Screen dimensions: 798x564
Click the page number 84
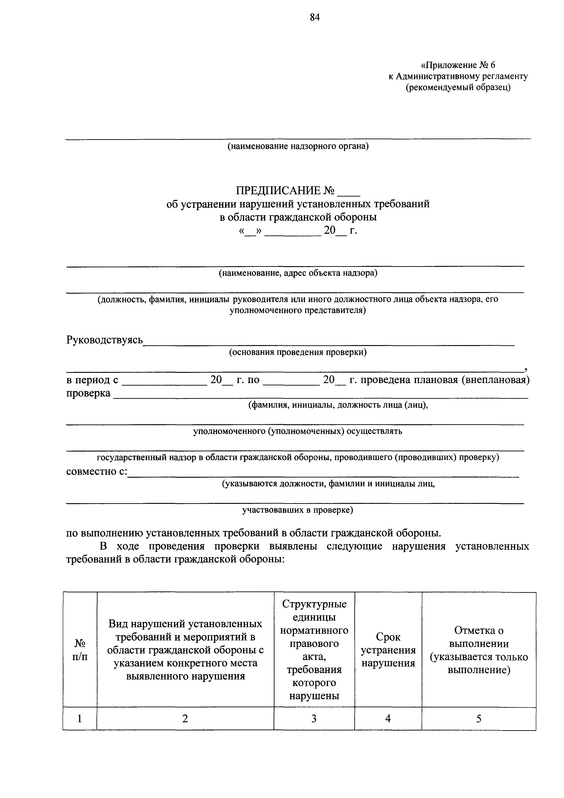click(x=315, y=17)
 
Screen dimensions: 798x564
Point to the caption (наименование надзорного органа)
click(x=298, y=146)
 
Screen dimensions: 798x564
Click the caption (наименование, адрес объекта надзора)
click(x=298, y=273)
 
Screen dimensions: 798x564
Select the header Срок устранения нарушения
click(x=388, y=650)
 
